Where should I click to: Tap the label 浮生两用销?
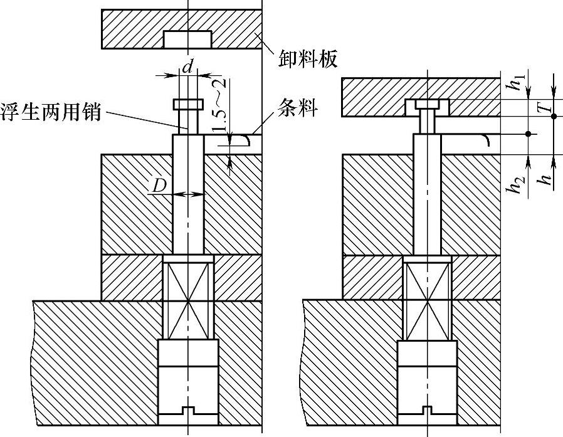click(x=51, y=114)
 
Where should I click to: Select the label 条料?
click(x=295, y=111)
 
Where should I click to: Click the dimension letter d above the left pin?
click(x=187, y=65)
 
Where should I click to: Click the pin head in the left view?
click(x=188, y=104)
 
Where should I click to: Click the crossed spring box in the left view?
click(x=188, y=300)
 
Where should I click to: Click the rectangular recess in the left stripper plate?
click(x=187, y=39)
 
